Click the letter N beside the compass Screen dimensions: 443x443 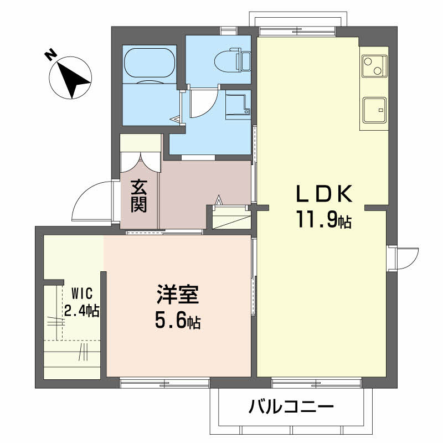point(50,54)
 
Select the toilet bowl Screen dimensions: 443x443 point(228,60)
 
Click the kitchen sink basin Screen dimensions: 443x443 point(375,110)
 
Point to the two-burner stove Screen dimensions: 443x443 point(375,66)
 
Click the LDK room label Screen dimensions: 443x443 point(324,193)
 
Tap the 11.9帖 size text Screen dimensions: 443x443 point(324,219)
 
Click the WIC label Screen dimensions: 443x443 point(82,293)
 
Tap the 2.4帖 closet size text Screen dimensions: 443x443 point(81,310)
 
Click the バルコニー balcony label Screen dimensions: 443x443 point(291,406)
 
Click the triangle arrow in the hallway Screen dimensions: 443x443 point(219,200)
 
